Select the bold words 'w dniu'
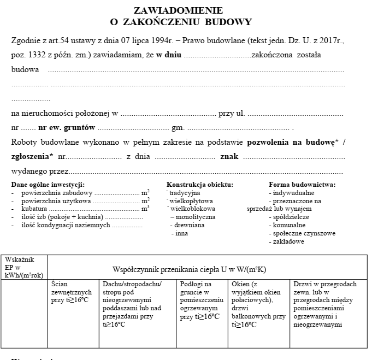coord(168,55)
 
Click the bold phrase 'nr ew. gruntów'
coord(67,128)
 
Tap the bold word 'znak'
coord(229,156)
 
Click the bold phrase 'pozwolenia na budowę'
coord(290,142)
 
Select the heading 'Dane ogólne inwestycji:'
coord(48,185)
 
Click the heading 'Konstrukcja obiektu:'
coord(199,185)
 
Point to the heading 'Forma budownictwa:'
coord(302,185)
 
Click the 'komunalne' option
coord(287,225)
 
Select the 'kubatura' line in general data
coord(34,209)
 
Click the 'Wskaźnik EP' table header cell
coord(24,267)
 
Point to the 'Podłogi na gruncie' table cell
coord(201,300)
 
